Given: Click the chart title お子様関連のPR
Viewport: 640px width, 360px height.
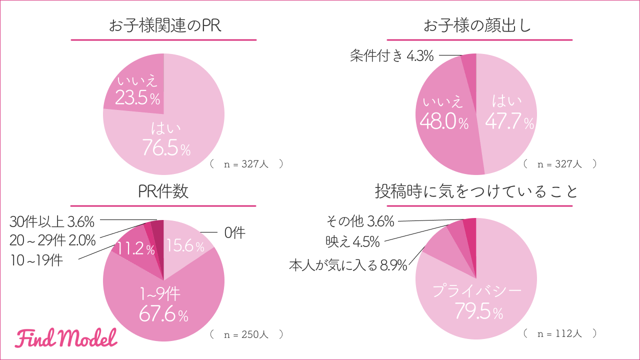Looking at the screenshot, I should tap(164, 26).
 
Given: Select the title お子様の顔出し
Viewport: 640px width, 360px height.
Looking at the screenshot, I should tap(477, 26).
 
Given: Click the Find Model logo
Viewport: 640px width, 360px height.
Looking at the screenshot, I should tap(65, 338).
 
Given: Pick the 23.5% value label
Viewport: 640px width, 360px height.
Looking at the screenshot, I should tap(137, 98).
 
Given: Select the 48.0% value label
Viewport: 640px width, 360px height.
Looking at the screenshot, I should tap(444, 122).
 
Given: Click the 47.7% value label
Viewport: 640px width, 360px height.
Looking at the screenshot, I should tap(509, 122).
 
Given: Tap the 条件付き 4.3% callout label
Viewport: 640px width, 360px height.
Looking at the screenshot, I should tap(391, 55).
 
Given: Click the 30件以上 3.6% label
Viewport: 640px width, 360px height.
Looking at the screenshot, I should tap(52, 220).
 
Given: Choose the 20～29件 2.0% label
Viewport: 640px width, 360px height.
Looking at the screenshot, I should tap(52, 240).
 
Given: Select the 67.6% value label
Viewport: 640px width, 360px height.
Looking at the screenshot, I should tap(163, 315).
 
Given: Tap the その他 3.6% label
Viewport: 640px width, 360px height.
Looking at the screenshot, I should tap(360, 220).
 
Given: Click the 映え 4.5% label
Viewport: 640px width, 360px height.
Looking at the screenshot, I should tap(352, 242).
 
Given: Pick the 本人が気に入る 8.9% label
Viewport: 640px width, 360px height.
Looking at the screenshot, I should tap(347, 265).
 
